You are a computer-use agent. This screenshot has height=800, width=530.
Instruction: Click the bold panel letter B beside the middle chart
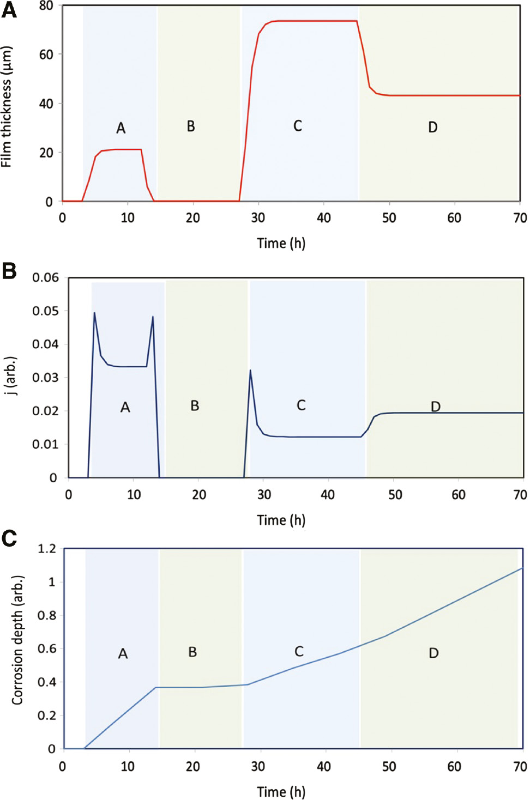tap(9, 271)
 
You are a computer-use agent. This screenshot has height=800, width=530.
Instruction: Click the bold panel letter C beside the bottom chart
tap(9, 538)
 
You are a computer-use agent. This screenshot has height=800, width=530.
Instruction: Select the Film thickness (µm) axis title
tap(7, 107)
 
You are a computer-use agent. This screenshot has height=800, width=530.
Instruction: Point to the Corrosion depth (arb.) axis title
tap(17, 640)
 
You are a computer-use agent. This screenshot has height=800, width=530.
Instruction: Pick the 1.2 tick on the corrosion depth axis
tap(46, 548)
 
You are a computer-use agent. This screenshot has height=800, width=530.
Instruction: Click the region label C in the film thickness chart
tap(297, 126)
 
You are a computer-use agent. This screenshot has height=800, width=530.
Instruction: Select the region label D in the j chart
tap(435, 406)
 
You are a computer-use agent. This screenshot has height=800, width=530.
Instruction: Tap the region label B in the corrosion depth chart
tap(192, 652)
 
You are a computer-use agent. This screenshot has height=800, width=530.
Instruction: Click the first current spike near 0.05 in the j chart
tap(94, 313)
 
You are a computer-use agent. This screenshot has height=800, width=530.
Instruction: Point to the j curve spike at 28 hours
tap(250, 371)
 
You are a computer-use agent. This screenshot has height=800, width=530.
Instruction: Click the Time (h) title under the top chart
tap(281, 243)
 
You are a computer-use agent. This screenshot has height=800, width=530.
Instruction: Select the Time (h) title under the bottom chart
tap(281, 791)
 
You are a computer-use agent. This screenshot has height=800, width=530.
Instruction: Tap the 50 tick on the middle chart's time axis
tap(395, 495)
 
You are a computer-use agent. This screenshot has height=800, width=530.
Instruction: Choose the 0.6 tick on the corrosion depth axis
tap(46, 649)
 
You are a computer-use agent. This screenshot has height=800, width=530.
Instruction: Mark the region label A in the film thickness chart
tap(121, 128)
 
